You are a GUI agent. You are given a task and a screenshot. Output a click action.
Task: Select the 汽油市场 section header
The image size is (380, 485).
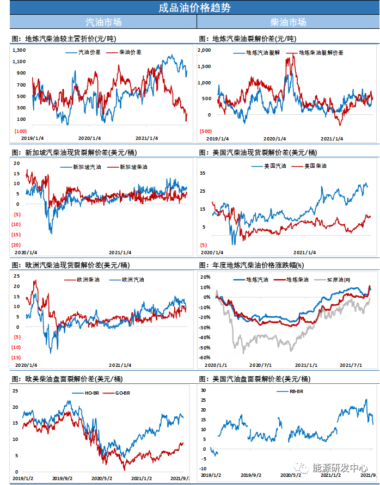[103, 22]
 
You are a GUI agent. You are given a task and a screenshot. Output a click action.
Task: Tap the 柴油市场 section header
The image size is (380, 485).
[288, 22]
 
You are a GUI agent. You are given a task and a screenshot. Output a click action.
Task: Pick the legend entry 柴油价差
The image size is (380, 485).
[131, 53]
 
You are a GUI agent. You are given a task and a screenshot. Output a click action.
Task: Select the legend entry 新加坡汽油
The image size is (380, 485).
[87, 167]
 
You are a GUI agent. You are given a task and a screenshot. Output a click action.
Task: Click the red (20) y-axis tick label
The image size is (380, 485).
[16, 245]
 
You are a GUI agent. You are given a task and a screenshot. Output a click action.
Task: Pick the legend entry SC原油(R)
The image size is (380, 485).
[339, 279]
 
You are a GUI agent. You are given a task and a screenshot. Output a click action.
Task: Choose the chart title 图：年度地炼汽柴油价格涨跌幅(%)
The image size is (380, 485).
[250, 265]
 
